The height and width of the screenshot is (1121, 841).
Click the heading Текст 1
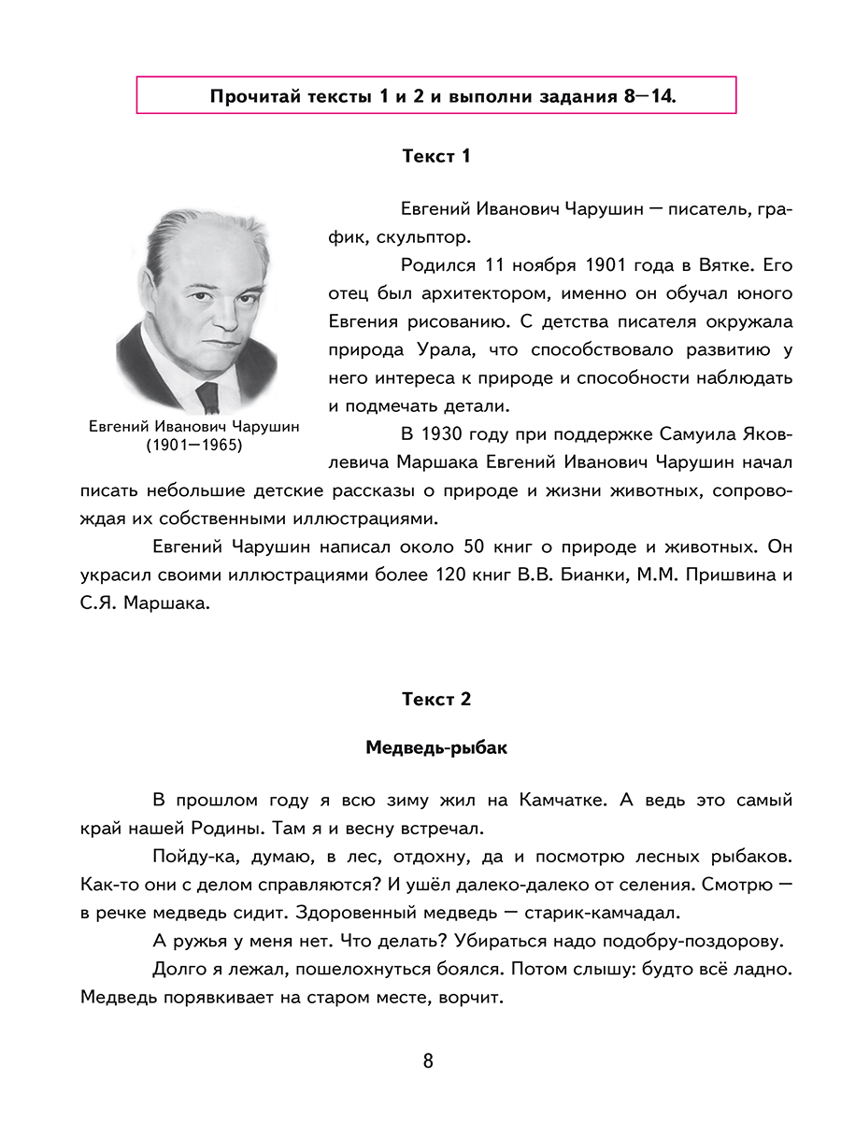[x=436, y=156]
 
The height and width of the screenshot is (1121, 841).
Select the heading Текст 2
[x=436, y=699]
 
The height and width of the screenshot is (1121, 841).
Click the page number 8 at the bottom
[x=428, y=1061]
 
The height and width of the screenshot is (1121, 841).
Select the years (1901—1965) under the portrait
[x=193, y=446]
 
